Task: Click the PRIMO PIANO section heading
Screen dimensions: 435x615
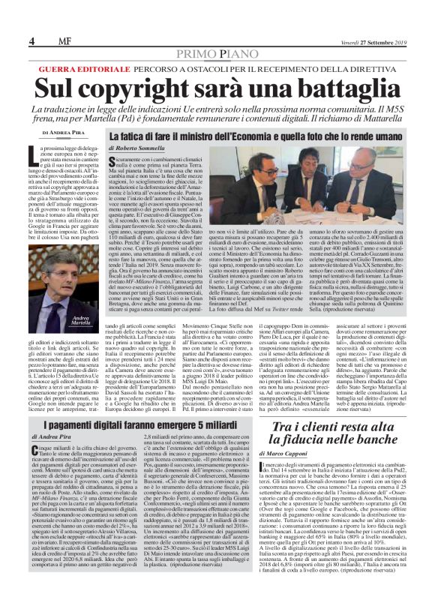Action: pyautogui.click(x=217, y=53)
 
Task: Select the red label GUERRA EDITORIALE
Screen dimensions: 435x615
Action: pyautogui.click(x=73, y=68)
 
